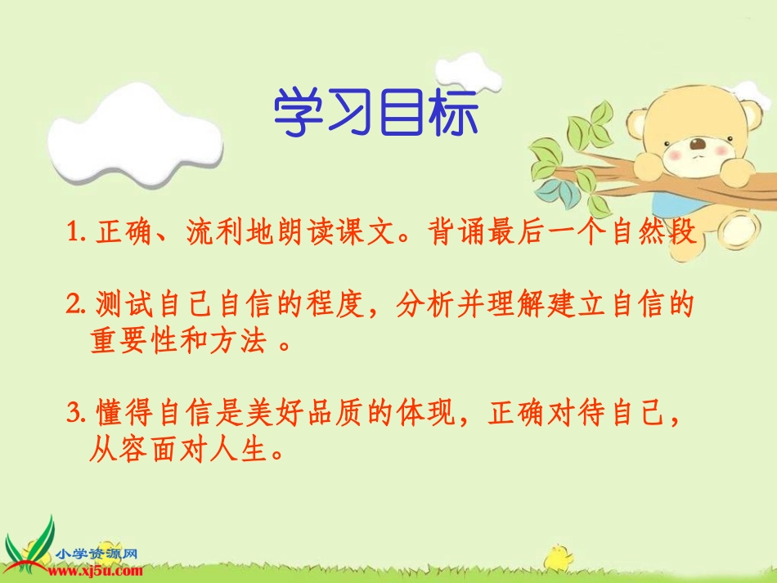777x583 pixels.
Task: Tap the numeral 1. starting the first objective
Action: point(77,234)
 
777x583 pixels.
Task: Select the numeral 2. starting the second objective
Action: point(77,305)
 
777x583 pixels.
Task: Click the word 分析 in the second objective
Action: point(420,305)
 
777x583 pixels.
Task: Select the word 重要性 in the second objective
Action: point(136,341)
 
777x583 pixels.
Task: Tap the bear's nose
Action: point(697,146)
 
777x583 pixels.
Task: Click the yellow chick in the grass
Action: point(559,557)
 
